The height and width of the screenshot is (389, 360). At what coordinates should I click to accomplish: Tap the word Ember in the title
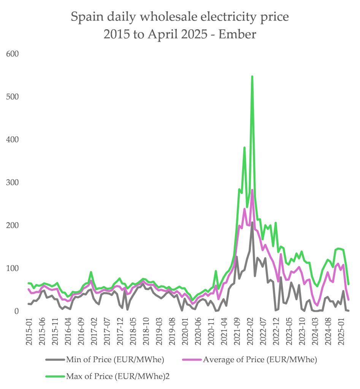pos(239,35)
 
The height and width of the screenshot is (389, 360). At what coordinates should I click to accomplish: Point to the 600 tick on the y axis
pos(13,54)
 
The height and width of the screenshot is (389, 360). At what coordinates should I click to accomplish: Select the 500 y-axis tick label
pos(13,97)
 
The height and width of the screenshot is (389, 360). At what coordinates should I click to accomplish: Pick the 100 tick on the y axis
pos(13,268)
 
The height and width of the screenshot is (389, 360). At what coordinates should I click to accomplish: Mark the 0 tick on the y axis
pos(16,311)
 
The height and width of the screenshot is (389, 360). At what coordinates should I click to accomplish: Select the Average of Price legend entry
pos(260,359)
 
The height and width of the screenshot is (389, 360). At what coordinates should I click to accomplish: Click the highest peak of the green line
pos(252,77)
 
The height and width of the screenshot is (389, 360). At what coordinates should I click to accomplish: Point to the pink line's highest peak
pos(252,190)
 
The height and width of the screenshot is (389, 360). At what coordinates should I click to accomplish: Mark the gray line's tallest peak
pos(252,222)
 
